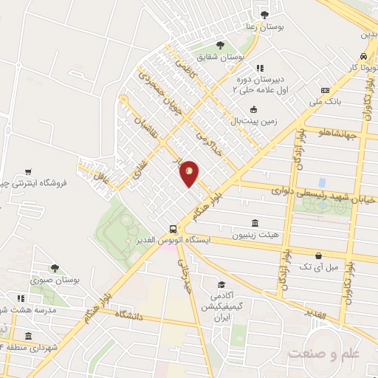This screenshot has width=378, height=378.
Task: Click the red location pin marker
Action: [190, 173]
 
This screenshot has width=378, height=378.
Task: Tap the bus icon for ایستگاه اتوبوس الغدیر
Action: [173, 229]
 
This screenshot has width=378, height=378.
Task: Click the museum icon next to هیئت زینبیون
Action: [255, 224]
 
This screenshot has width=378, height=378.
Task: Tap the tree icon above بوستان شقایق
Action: [219, 45]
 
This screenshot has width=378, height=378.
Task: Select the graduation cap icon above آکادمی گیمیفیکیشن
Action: [221, 285]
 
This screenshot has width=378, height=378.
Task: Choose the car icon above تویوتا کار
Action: [364, 57]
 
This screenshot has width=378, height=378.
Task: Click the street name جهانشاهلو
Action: [337, 134]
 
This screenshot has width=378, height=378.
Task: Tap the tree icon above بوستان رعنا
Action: [265, 15]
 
